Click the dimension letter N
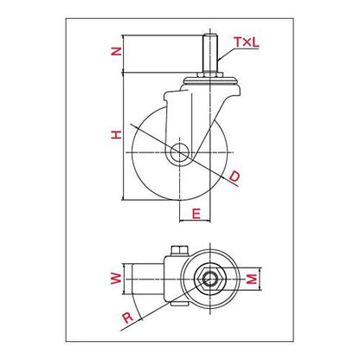click(x=117, y=52)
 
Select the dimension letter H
click(x=117, y=135)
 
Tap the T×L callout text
click(x=247, y=42)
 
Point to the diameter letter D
click(x=235, y=177)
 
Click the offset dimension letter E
click(x=196, y=214)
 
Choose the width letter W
click(x=116, y=278)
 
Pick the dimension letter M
click(x=252, y=279)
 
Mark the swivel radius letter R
click(x=127, y=318)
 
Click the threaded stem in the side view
click(x=210, y=54)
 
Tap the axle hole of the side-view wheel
click(x=179, y=152)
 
